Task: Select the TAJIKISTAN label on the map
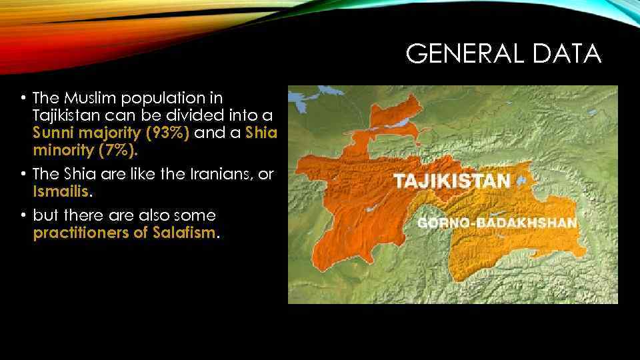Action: coord(452,180)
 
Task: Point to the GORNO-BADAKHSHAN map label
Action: coord(497,223)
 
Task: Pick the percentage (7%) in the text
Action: coord(117,149)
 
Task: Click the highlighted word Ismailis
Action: coord(61,191)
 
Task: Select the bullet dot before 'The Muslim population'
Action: coord(23,99)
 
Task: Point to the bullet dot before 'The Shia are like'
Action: coord(23,174)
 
